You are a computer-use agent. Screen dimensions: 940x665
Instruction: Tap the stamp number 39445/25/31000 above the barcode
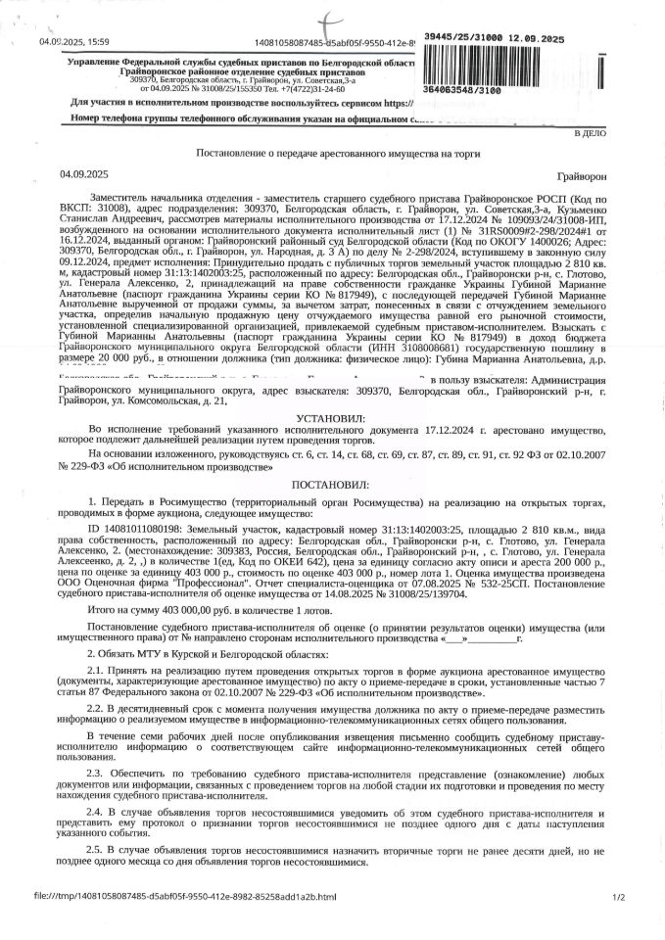[494, 38]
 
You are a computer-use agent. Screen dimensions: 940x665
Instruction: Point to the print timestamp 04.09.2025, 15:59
[74, 42]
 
